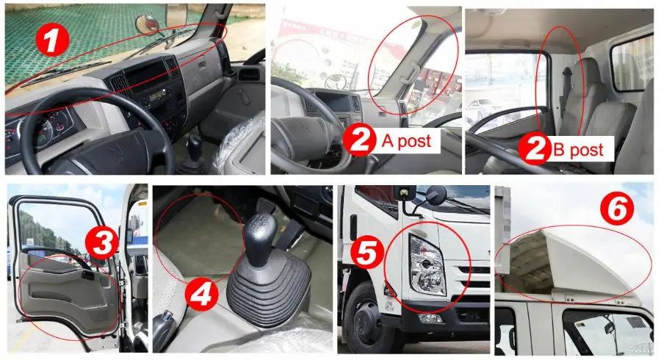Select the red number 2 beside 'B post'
534,149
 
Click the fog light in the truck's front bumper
430,318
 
